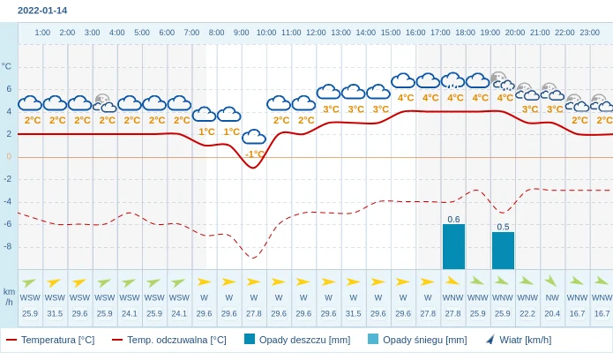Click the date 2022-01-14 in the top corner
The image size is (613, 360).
pyautogui.click(x=42, y=11)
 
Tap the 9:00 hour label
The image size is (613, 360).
pyautogui.click(x=241, y=33)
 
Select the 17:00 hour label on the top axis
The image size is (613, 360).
pyautogui.click(x=440, y=33)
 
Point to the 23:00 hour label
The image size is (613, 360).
pyautogui.click(x=589, y=33)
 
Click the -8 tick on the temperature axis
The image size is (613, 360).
pyautogui.click(x=8, y=246)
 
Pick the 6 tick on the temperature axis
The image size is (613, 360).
pyautogui.click(x=9, y=88)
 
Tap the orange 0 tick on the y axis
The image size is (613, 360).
pyautogui.click(x=9, y=156)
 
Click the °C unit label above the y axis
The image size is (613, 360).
pyautogui.click(x=7, y=66)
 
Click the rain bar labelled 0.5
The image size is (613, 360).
pyautogui.click(x=503, y=251)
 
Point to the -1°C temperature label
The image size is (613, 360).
pyautogui.click(x=254, y=154)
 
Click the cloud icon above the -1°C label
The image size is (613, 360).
pyautogui.click(x=254, y=137)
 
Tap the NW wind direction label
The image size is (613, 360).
pyautogui.click(x=552, y=297)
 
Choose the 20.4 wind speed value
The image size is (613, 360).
pyautogui.click(x=552, y=313)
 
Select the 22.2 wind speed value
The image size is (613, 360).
pyautogui.click(x=527, y=313)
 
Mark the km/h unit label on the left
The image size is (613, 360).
pyautogui.click(x=9, y=296)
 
